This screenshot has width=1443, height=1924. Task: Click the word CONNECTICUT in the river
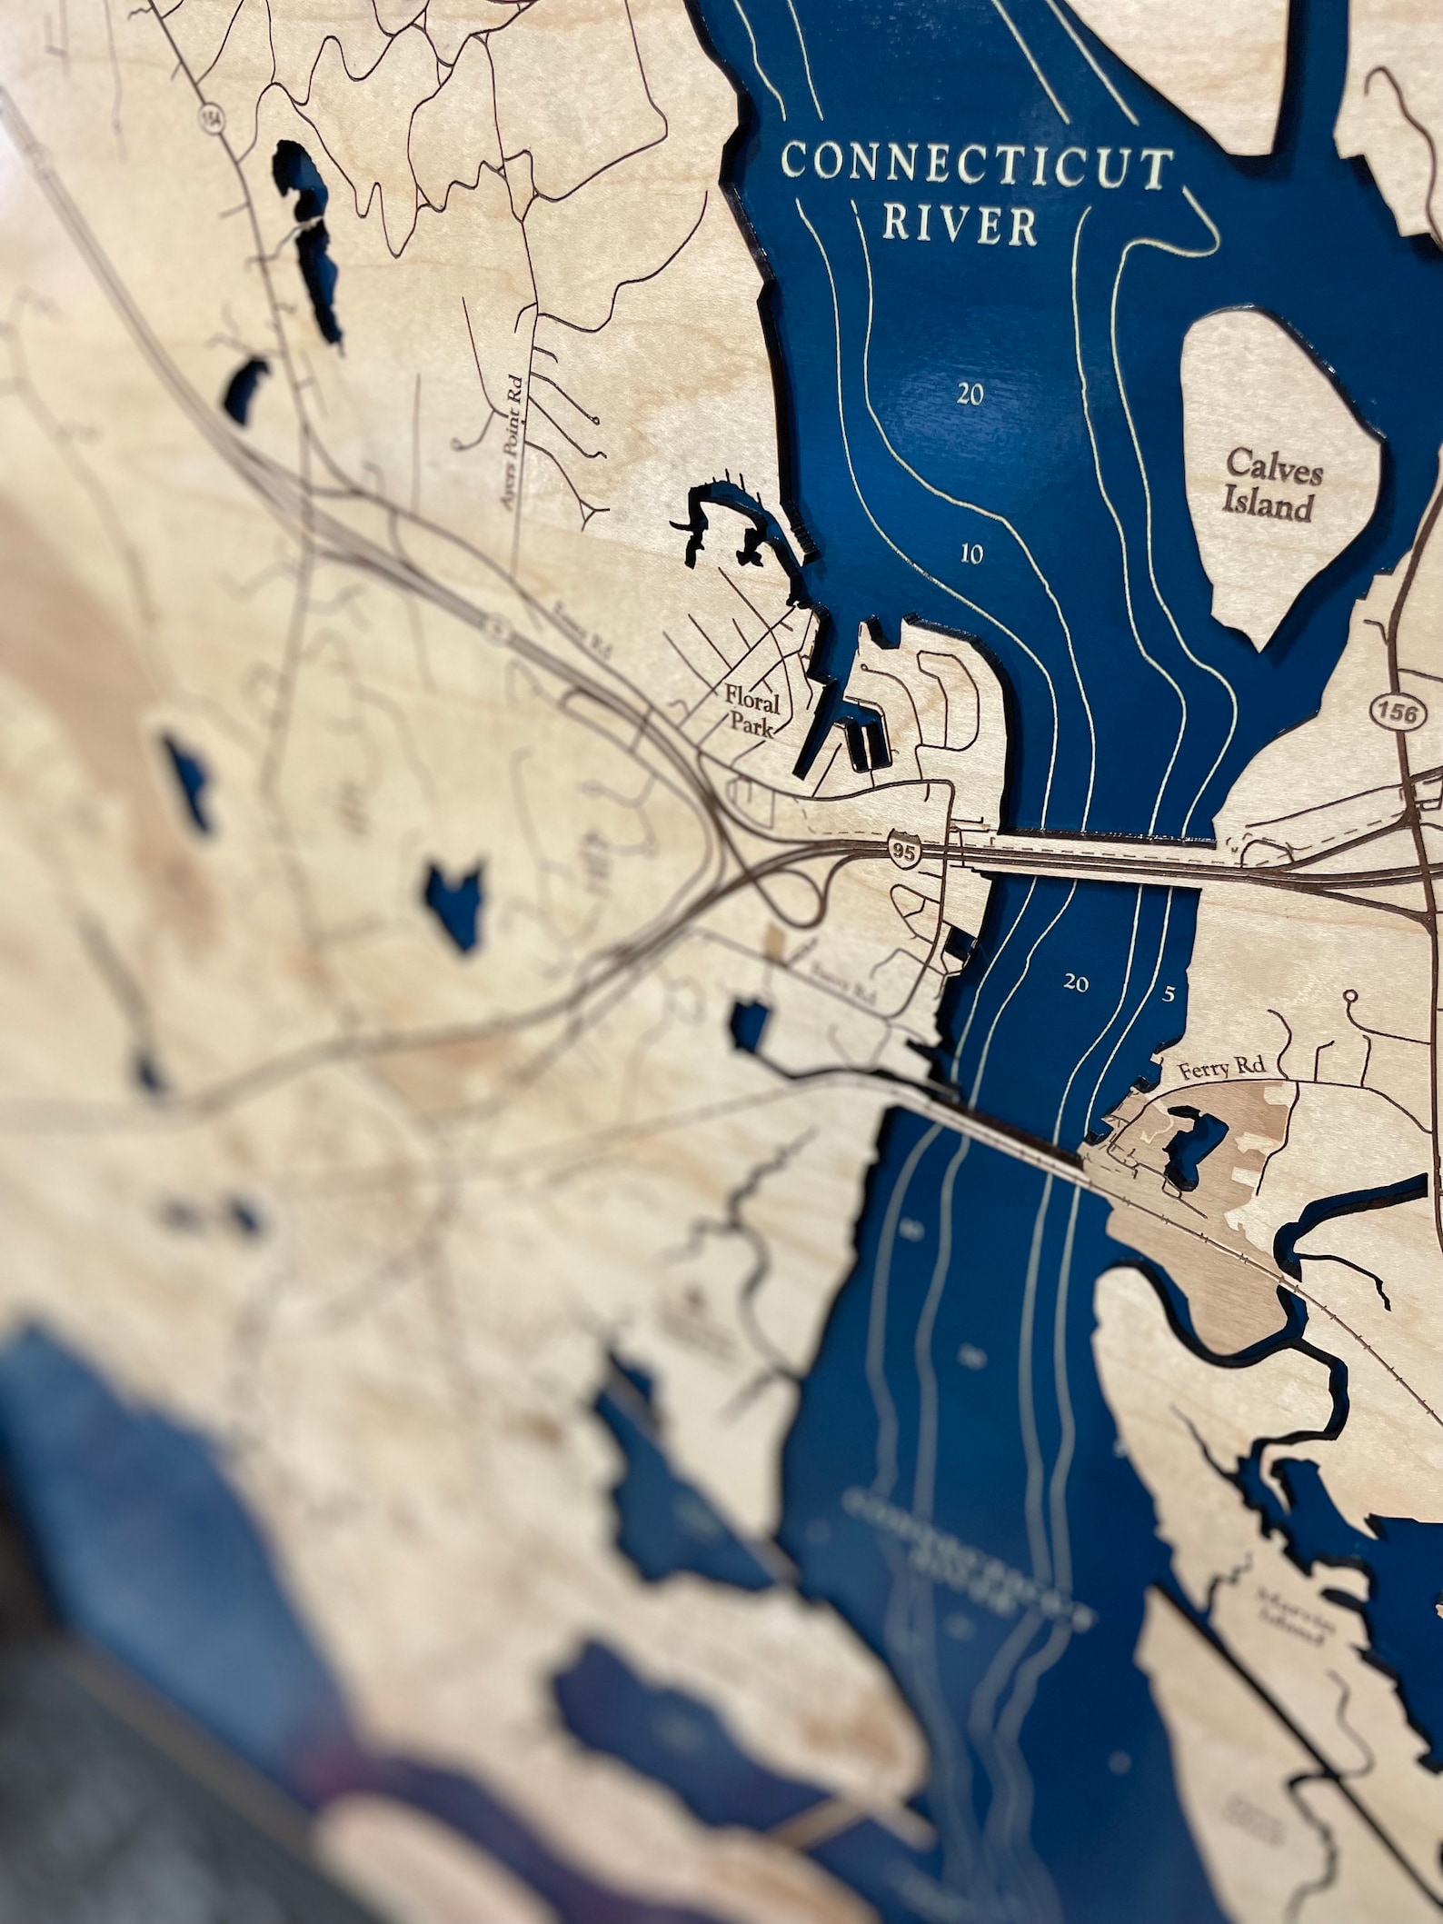(976, 167)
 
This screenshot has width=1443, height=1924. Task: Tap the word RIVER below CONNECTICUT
(960, 226)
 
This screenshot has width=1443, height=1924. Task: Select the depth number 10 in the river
(971, 553)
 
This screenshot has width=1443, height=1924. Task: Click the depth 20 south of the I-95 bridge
(1076, 982)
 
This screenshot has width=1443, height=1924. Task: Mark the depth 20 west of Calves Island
(970, 394)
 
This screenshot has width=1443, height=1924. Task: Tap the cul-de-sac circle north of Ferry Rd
(1349, 996)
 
